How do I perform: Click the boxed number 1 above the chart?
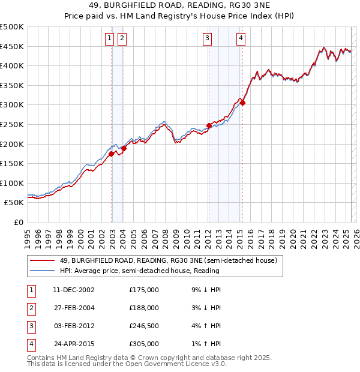(110, 39)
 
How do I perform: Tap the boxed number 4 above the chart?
(241, 39)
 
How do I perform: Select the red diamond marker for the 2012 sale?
(209, 125)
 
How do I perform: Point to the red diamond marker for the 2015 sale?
(243, 103)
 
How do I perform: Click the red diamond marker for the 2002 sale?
(112, 154)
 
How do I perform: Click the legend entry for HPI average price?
(139, 271)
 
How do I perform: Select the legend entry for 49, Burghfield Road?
(168, 260)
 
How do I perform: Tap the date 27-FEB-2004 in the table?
(74, 308)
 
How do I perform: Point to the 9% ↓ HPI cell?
(205, 290)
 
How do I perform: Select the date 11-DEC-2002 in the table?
(74, 290)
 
